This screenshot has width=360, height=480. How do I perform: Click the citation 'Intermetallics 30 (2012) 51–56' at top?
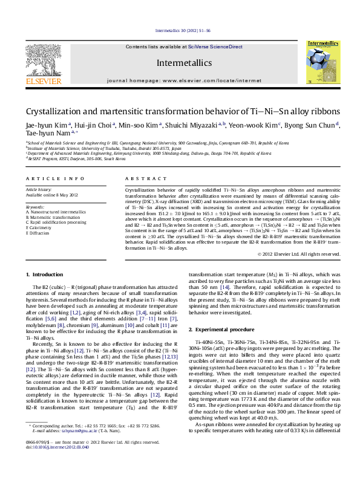coord(183,30)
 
